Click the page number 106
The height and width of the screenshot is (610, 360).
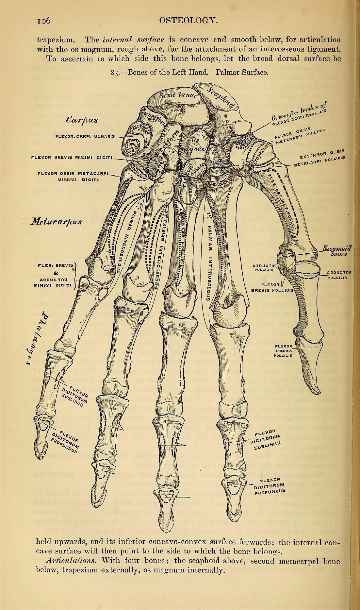point(43,21)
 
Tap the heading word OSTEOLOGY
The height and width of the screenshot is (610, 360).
point(188,21)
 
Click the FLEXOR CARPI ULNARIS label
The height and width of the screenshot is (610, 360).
point(86,136)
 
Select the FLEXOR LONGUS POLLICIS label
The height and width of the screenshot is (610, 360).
point(286,350)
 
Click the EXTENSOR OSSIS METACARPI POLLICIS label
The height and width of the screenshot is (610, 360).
point(319,158)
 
